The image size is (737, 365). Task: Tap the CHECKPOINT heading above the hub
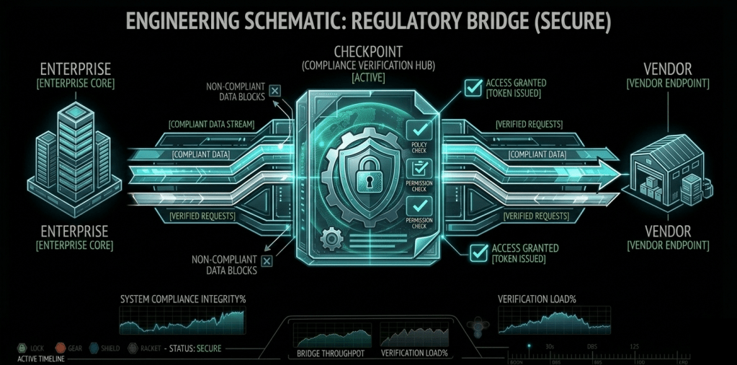pyautogui.click(x=368, y=52)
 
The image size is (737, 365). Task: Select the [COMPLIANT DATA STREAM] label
pyautogui.click(x=212, y=124)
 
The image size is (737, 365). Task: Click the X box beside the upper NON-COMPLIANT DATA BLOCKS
pyautogui.click(x=275, y=91)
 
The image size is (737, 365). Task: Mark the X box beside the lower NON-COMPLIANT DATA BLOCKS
pyautogui.click(x=267, y=260)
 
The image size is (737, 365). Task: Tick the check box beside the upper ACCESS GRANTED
pyautogui.click(x=473, y=88)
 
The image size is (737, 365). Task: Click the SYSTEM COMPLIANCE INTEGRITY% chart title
pyautogui.click(x=183, y=299)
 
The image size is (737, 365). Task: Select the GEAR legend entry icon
pyautogui.click(x=61, y=348)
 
